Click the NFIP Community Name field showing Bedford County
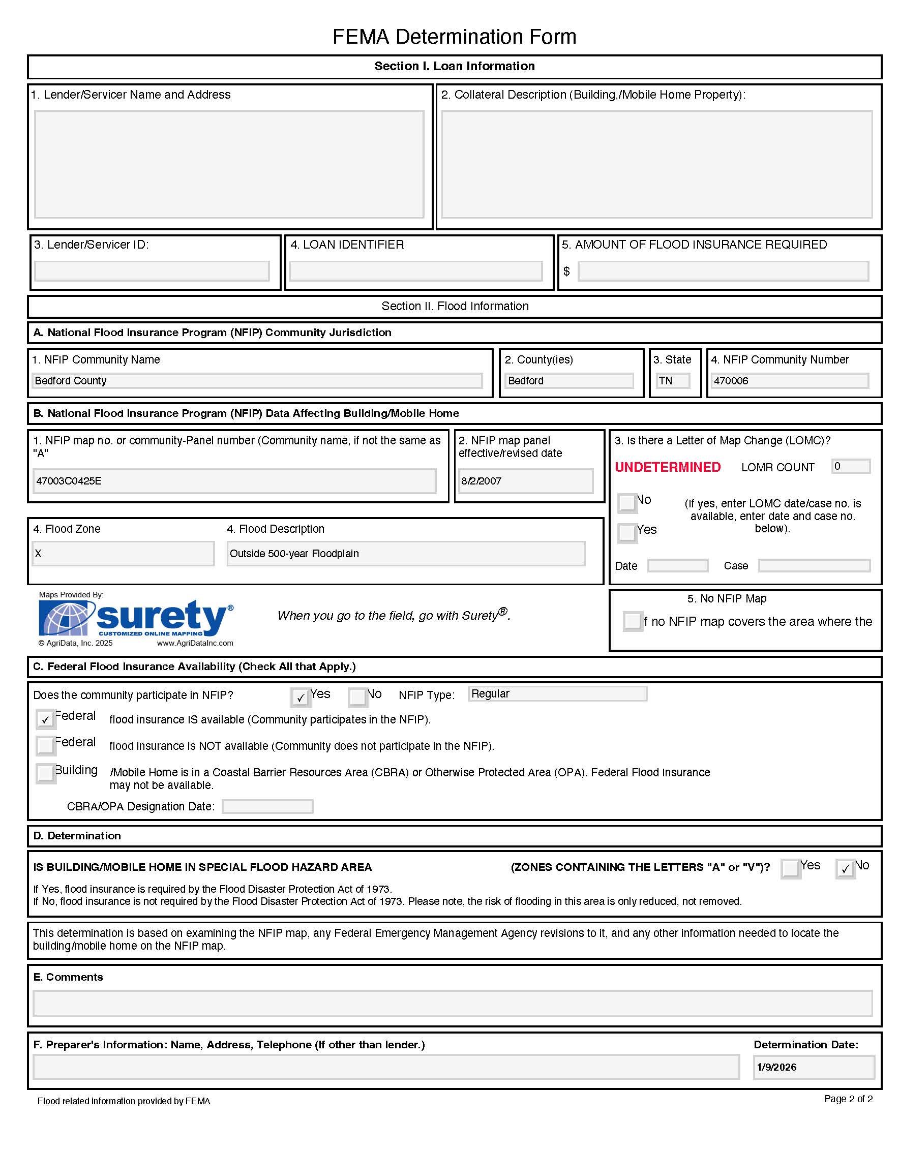tap(257, 381)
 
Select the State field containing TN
tap(673, 381)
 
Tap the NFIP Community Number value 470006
tap(789, 381)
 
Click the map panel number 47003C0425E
tap(234, 481)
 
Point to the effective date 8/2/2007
tap(525, 481)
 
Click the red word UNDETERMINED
tap(668, 467)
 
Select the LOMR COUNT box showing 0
tap(851, 466)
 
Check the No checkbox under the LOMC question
tap(627, 503)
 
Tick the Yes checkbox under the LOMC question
tap(627, 533)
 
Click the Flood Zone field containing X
tap(123, 554)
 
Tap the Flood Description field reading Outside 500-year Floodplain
tap(406, 554)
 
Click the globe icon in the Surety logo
tap(67, 618)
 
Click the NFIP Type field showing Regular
tap(557, 693)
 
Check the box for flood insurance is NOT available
tap(46, 745)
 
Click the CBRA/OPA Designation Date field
tap(267, 806)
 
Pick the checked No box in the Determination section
tap(845, 869)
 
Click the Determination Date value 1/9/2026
tap(814, 1067)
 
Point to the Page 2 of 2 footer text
tap(848, 1099)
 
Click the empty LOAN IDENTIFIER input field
tap(416, 271)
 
